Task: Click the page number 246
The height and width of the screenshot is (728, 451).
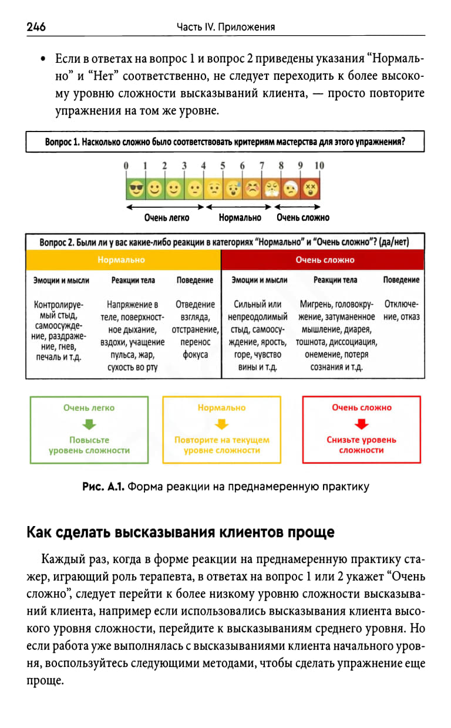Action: tap(36, 27)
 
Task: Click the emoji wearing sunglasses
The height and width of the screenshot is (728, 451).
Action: tap(136, 188)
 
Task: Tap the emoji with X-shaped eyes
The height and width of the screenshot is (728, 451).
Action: tap(310, 188)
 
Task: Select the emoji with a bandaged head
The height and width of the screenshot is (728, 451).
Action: tap(291, 188)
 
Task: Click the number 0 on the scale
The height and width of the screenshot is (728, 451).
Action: tap(126, 166)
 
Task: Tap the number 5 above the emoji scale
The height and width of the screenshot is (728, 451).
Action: tap(223, 166)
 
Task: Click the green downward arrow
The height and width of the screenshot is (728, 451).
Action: tap(89, 424)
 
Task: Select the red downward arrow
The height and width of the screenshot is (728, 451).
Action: tap(361, 424)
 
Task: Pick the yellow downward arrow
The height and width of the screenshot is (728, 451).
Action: tap(221, 424)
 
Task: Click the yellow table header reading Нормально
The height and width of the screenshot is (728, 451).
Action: tap(123, 259)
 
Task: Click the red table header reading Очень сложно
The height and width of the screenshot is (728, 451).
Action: tap(325, 259)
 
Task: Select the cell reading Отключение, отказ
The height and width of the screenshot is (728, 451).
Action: tap(402, 311)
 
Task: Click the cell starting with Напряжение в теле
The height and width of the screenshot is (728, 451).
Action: tap(132, 335)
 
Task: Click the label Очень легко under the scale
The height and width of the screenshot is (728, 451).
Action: tap(167, 218)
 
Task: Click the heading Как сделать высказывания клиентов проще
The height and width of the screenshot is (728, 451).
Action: tap(180, 532)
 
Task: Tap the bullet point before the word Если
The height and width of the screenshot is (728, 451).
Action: tap(43, 60)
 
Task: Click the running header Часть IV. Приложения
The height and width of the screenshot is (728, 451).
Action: tap(225, 27)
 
